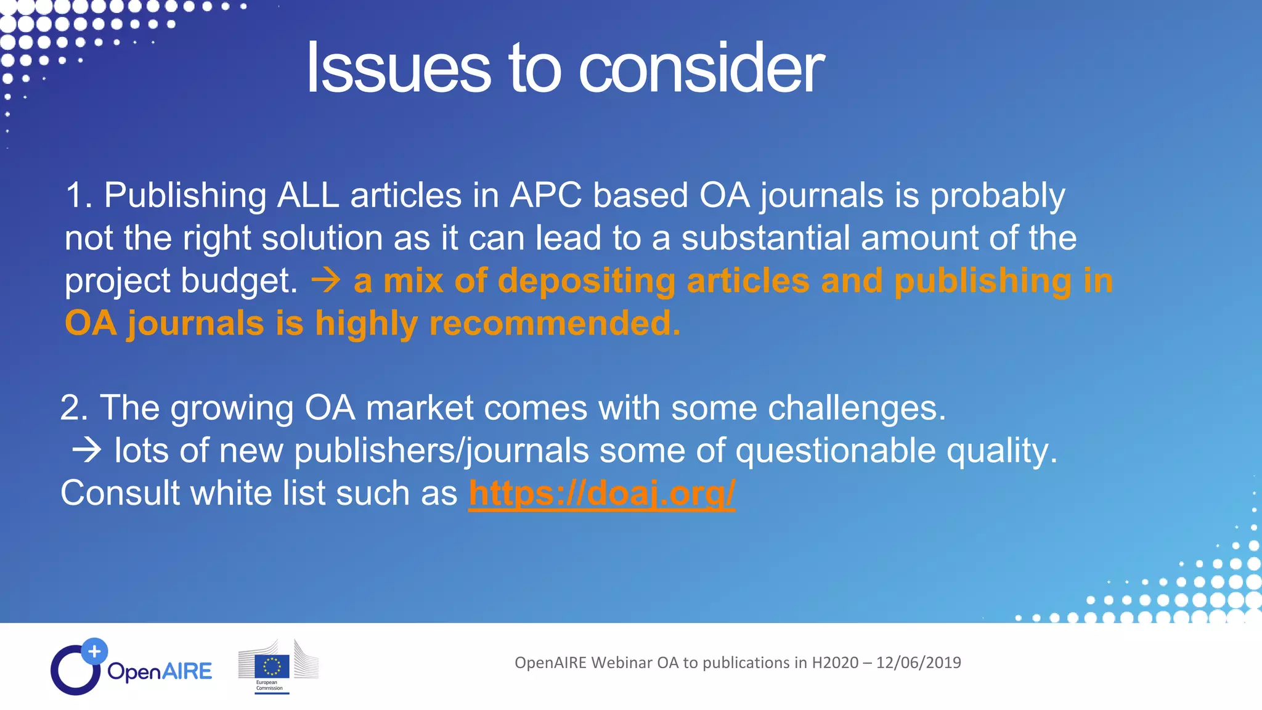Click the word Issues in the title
coord(398,68)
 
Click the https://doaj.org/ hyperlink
coord(601,493)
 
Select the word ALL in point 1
coord(308,195)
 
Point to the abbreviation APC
coord(545,195)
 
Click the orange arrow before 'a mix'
coord(326,281)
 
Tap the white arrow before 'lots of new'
coord(86,451)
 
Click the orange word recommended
coord(555,324)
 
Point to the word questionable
coord(835,451)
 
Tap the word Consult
coord(120,493)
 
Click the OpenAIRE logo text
coord(160,671)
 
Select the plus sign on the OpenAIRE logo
coord(94,651)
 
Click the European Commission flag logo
coord(272,667)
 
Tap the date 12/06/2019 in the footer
coord(918,663)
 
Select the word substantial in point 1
coord(765,238)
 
